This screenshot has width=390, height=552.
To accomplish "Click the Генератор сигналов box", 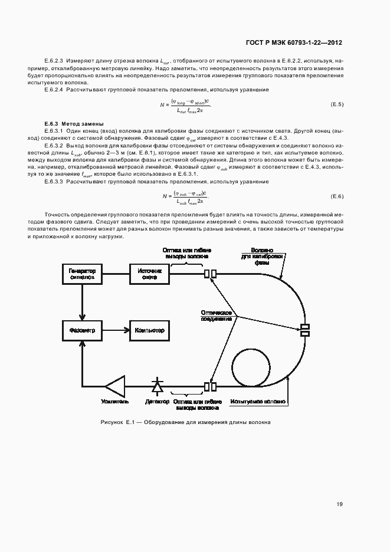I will [83, 274].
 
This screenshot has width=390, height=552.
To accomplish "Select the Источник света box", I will [149, 274].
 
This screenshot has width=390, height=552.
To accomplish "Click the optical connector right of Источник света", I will [209, 274].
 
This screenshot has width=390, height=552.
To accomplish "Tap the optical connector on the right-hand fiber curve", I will [305, 330].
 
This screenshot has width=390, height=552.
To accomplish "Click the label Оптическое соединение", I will [215, 316].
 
